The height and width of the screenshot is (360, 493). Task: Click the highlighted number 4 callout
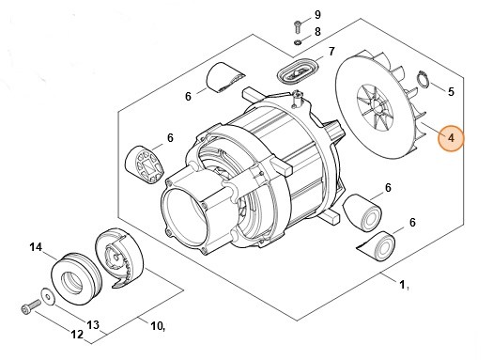[451, 138]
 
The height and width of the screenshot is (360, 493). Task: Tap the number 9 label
[317, 15]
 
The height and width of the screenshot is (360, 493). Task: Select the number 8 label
[317, 32]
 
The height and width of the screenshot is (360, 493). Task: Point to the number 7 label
[331, 52]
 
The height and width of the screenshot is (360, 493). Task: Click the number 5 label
[451, 92]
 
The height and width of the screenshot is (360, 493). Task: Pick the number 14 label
[36, 247]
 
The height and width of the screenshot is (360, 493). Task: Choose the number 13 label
[93, 325]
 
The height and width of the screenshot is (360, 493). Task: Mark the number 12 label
[77, 335]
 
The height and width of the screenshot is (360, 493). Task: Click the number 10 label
[158, 326]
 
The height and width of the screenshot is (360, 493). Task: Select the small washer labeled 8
[298, 42]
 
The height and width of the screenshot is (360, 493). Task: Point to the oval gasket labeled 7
[298, 71]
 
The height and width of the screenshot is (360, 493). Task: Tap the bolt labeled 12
[31, 306]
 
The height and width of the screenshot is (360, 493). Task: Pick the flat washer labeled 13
[48, 296]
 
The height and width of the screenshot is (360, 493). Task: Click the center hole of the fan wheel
[377, 108]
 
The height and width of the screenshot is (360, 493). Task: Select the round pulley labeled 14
[76, 278]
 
